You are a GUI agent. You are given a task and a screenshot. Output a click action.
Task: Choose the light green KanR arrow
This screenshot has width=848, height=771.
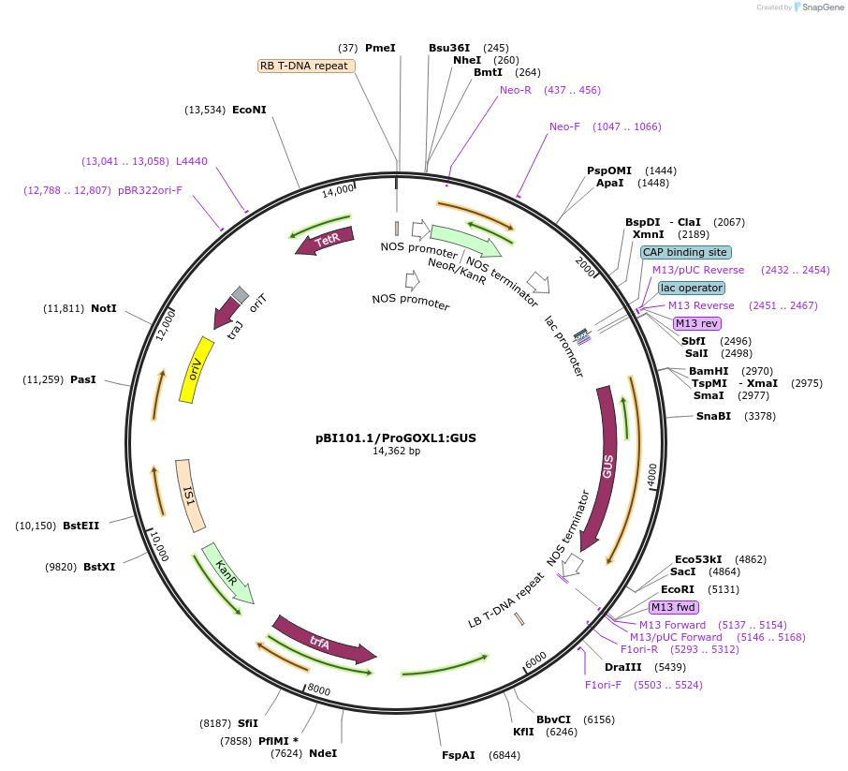pos(227,572)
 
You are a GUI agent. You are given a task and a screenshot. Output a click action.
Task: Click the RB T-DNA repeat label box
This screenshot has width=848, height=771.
pos(306,66)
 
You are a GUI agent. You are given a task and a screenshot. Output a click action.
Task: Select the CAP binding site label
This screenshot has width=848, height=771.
pos(685,252)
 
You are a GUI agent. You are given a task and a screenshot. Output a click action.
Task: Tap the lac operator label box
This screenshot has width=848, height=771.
pos(691,288)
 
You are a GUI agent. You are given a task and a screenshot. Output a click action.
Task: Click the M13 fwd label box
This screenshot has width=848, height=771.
pos(674,607)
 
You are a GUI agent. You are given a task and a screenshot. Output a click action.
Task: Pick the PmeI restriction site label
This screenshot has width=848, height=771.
pos(380,48)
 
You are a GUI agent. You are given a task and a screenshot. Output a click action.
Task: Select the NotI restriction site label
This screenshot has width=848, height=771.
pos(104,308)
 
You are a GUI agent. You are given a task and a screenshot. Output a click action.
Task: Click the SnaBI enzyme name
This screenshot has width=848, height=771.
pos(713,416)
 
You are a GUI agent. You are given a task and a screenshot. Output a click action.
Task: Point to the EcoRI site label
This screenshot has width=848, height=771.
pos(677,590)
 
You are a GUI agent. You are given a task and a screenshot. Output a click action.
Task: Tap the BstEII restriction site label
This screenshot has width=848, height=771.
pos(80,526)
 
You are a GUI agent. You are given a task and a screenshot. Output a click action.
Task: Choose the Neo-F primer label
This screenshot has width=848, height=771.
pos(564,126)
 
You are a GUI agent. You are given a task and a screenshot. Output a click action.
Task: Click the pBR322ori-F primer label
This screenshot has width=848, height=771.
pos(150,190)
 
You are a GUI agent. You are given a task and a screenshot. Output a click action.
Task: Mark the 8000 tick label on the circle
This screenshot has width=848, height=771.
pos(319,690)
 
